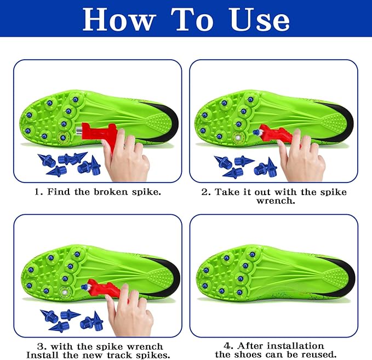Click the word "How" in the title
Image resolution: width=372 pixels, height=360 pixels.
coord(119,19)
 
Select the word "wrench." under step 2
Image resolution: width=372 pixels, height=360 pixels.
coord(276,201)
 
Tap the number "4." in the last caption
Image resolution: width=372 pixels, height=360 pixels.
coord(228,346)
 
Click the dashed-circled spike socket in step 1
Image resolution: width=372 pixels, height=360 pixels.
coord(63,137)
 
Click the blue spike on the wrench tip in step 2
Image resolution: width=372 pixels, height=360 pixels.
coord(256,132)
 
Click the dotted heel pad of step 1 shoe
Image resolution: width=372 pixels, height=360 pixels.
coord(157,122)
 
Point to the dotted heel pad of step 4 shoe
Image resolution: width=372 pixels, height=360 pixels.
coord(334,276)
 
